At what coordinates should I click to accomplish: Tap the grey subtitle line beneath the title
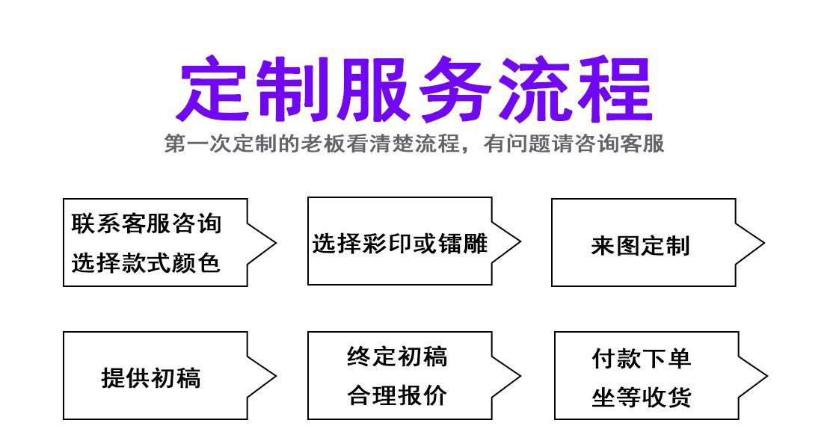click(414, 144)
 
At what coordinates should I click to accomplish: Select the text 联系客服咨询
click(147, 223)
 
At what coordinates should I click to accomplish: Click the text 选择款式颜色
click(147, 262)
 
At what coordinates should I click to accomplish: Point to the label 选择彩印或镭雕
click(399, 244)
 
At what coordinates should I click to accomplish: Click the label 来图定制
click(640, 245)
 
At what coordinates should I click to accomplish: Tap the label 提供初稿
click(151, 378)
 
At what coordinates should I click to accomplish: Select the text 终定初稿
click(397, 357)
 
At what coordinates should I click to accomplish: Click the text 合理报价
click(397, 395)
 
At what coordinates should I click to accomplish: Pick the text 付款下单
click(642, 358)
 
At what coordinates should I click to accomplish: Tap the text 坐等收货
click(642, 398)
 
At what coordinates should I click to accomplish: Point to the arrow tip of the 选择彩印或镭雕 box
click(520, 241)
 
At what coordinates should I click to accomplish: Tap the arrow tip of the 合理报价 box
click(520, 375)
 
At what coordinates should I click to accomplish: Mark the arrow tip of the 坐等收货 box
click(766, 375)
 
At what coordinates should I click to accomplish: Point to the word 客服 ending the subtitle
click(648, 144)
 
